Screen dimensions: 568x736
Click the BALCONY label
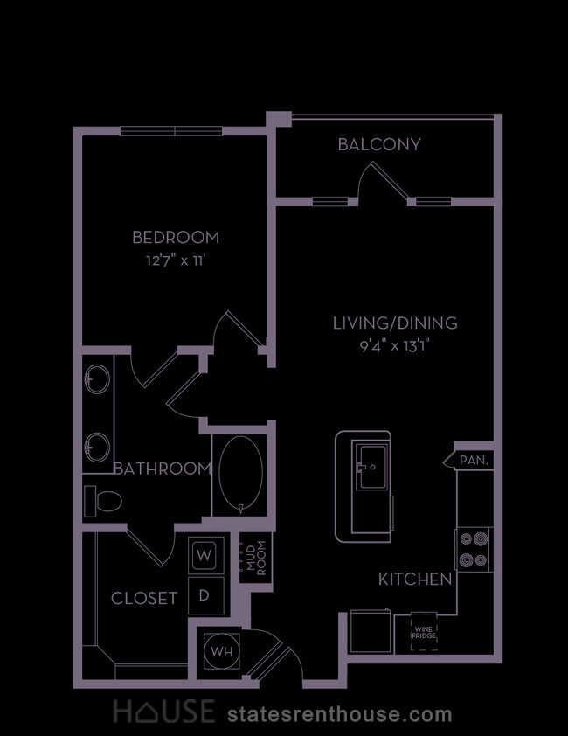click(379, 144)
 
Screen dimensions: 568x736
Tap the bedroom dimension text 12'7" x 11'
click(176, 260)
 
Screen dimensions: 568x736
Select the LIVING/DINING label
click(395, 323)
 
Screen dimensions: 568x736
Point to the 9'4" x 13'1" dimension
click(395, 346)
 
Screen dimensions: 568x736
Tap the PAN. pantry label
click(474, 461)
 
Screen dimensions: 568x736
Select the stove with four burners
click(474, 549)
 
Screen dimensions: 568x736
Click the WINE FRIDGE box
click(425, 632)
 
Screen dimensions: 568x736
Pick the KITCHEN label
click(415, 580)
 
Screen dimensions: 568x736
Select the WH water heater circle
click(222, 651)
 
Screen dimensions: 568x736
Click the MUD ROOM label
click(256, 558)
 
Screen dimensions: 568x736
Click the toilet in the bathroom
click(103, 502)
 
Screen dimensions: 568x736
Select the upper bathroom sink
click(98, 378)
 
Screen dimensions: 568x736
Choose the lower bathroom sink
click(98, 448)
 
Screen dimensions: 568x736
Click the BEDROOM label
click(176, 238)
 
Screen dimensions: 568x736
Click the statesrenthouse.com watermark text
click(340, 714)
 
